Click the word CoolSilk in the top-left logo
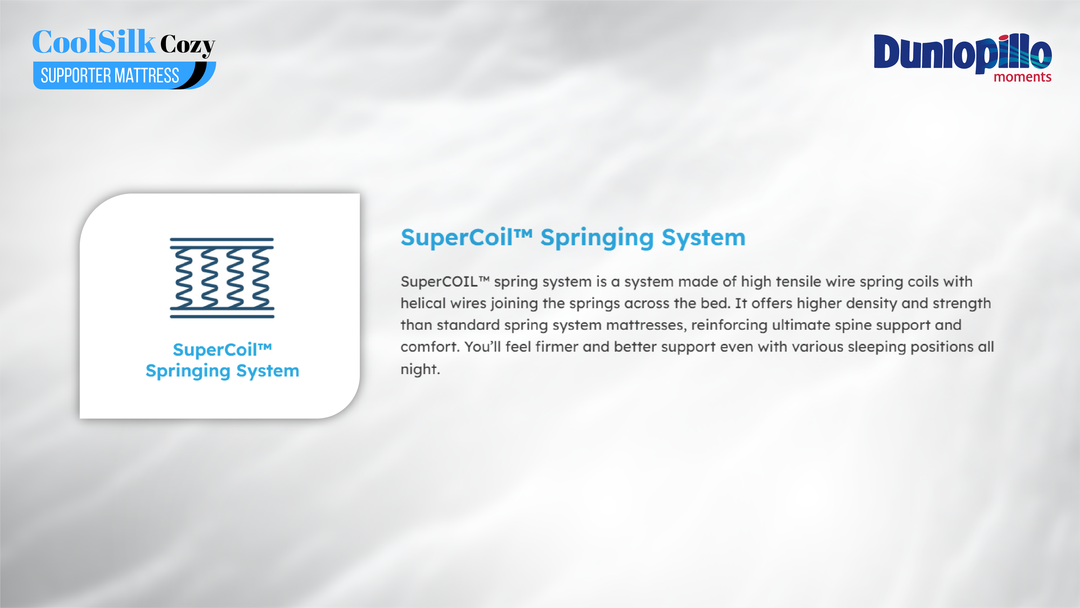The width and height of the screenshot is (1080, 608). (x=94, y=42)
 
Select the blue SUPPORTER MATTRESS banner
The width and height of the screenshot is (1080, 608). (x=124, y=76)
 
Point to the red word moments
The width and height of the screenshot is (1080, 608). (x=1022, y=77)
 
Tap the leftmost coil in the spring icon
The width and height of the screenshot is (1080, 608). (x=184, y=278)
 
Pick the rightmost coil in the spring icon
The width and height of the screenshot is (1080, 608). (x=260, y=278)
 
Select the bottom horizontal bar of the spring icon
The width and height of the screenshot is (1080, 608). (x=222, y=316)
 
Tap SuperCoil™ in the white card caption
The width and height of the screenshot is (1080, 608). (x=222, y=350)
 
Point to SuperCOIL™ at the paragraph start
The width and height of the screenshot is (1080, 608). (x=445, y=281)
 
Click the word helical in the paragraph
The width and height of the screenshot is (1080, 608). (x=423, y=303)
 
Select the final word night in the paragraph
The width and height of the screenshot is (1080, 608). (x=420, y=369)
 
